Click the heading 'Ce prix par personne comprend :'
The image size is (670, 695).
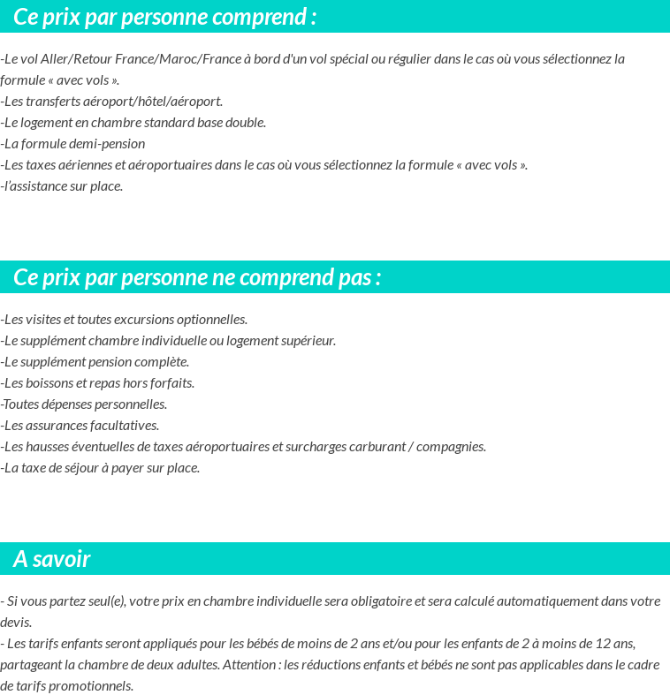[165, 17]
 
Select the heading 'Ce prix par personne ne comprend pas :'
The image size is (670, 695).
[197, 277]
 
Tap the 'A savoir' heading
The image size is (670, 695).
[52, 559]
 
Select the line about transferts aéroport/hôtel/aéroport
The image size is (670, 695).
[112, 102]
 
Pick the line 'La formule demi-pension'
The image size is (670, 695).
[73, 144]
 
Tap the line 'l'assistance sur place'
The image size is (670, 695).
[62, 186]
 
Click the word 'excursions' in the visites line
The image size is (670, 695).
[145, 320]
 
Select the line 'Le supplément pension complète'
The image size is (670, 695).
[95, 362]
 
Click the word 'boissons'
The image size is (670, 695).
[50, 383]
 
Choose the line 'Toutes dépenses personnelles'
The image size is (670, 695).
[84, 404]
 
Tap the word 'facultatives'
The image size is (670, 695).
[123, 426]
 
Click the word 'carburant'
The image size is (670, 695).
[376, 447]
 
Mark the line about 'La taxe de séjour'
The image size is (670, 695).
[101, 468]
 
